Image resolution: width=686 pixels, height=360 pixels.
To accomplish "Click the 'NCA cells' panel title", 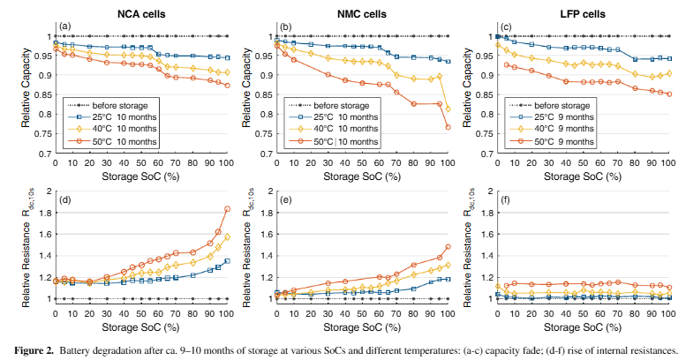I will pyautogui.click(x=140, y=12).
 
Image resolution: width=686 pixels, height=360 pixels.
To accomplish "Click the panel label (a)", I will pyautogui.click(x=64, y=27).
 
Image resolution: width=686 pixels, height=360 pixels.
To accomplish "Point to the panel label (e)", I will pyautogui.click(x=285, y=202).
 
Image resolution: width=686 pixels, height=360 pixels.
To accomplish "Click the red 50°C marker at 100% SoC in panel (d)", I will pyautogui.click(x=227, y=209).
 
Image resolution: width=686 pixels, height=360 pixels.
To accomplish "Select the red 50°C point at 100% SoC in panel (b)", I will pyautogui.click(x=447, y=127).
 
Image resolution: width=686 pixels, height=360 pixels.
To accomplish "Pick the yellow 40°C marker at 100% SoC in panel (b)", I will pyautogui.click(x=447, y=109).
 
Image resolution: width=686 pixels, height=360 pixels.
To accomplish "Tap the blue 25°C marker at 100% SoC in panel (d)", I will pyautogui.click(x=227, y=260).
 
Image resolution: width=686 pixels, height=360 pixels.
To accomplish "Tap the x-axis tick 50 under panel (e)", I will pyautogui.click(x=361, y=312).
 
